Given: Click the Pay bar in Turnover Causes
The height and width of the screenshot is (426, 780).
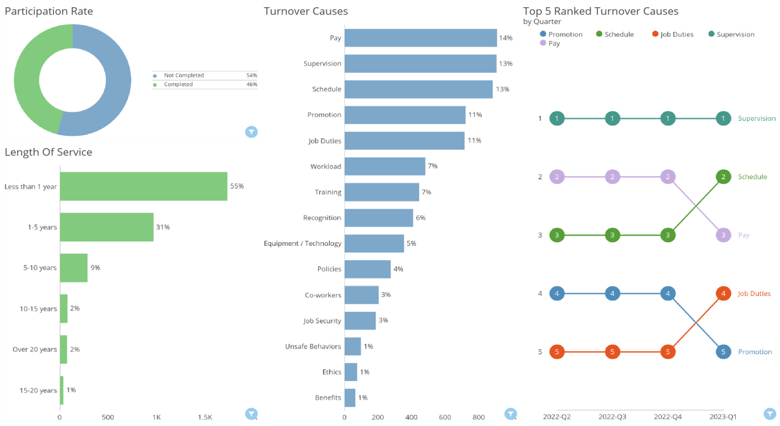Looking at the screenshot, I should [420, 38].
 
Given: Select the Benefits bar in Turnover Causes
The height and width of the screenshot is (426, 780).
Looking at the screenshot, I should [350, 397].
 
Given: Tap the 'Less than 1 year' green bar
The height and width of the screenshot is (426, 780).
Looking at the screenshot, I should [143, 186].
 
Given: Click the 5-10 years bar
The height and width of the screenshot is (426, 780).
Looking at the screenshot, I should [73, 268].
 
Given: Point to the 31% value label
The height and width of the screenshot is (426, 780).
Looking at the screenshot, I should [163, 227].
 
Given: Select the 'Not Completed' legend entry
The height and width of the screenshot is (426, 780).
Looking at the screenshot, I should [183, 75].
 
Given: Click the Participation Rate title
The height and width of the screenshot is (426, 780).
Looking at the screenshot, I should [49, 12].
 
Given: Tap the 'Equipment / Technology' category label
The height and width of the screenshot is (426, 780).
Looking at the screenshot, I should [302, 243].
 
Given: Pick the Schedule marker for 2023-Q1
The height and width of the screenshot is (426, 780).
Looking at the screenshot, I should [723, 177].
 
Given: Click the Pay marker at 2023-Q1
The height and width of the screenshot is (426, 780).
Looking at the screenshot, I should [723, 235].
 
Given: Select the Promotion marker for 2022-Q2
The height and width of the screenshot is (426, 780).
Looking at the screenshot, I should [557, 293].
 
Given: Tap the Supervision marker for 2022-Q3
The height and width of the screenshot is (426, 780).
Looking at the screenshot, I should [613, 118].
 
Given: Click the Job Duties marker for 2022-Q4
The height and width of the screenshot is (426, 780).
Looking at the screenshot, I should [668, 351].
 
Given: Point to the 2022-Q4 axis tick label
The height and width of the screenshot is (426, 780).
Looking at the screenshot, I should [668, 417].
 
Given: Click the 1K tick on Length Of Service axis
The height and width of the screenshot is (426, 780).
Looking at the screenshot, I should [157, 418].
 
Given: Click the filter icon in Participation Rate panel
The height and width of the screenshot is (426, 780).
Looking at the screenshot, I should [251, 132].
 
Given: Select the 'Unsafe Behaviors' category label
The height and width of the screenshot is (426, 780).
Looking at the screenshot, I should [313, 347].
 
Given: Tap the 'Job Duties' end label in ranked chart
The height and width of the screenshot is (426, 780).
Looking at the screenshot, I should [754, 293].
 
